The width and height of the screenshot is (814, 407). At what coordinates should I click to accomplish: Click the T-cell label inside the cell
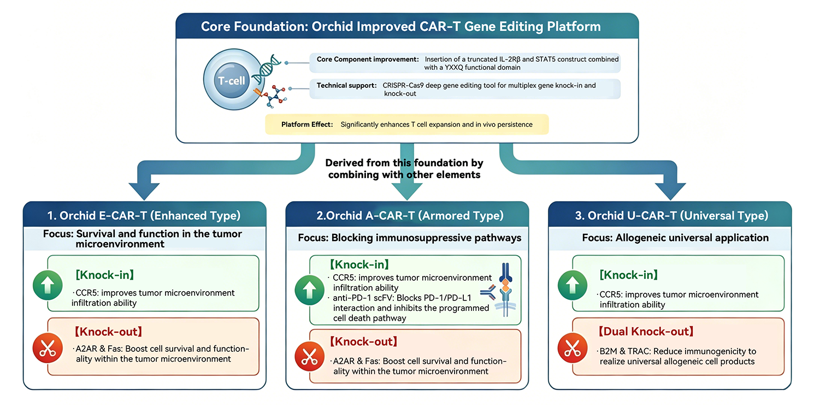[x=232, y=81]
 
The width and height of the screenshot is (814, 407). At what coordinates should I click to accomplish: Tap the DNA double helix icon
[x=267, y=69]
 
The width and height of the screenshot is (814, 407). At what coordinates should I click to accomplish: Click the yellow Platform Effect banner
[x=406, y=124]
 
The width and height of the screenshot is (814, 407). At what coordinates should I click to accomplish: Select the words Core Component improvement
[x=368, y=59]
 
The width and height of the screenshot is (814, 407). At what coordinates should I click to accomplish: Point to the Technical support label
[x=347, y=85]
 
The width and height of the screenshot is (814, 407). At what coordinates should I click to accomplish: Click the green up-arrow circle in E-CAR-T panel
[x=48, y=285]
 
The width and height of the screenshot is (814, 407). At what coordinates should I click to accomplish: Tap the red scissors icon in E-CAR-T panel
[x=48, y=348]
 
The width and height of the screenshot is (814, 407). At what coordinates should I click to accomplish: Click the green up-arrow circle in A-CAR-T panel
[x=310, y=290]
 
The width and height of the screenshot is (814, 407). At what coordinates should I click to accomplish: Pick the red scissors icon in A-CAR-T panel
[x=310, y=356]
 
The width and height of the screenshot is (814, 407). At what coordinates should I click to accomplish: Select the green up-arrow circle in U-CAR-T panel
[x=573, y=285]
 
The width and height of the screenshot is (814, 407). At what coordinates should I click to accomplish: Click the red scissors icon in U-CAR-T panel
[x=573, y=348]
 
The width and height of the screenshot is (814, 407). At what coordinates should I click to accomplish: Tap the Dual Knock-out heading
[x=646, y=332]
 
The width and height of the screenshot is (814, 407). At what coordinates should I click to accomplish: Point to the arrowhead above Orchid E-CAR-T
[x=144, y=191]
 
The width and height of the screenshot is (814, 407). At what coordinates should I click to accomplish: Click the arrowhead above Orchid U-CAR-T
[x=670, y=191]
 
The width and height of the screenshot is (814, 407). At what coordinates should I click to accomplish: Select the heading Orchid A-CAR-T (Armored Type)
[x=410, y=215]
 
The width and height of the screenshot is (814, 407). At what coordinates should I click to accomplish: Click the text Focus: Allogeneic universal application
[x=675, y=238]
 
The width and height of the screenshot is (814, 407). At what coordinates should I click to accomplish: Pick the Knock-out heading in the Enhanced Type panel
[x=108, y=332]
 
